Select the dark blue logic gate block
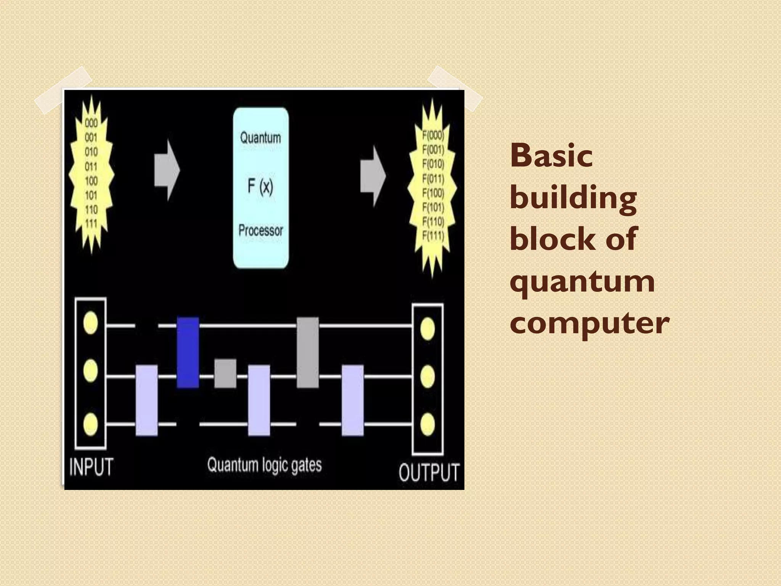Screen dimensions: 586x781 tap(188, 352)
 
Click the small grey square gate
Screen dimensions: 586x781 tap(225, 373)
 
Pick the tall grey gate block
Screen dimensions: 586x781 tap(307, 352)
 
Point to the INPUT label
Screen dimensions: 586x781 tap(91, 467)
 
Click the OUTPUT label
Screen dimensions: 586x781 tap(429, 472)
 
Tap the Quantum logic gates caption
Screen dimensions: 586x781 tap(264, 465)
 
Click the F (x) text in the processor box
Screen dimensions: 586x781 tap(260, 186)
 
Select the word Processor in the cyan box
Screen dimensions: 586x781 tap(261, 230)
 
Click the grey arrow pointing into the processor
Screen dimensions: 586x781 tap(167, 170)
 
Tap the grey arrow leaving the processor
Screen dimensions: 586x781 tap(373, 176)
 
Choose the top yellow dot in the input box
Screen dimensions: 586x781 tap(90, 323)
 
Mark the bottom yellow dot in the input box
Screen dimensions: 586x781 tap(90, 423)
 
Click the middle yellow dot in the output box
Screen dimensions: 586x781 tap(427, 376)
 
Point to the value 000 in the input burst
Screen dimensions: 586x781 tap(91, 123)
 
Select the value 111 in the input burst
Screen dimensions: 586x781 tap(91, 224)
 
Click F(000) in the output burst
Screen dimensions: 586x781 tap(433, 135)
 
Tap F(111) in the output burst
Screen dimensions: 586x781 tap(433, 236)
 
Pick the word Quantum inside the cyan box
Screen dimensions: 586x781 tap(260, 138)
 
